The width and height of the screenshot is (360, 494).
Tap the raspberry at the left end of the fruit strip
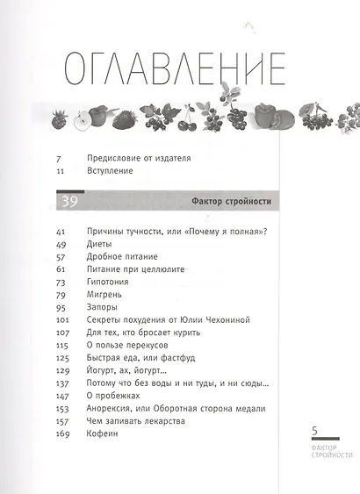pyautogui.click(x=61, y=118)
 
